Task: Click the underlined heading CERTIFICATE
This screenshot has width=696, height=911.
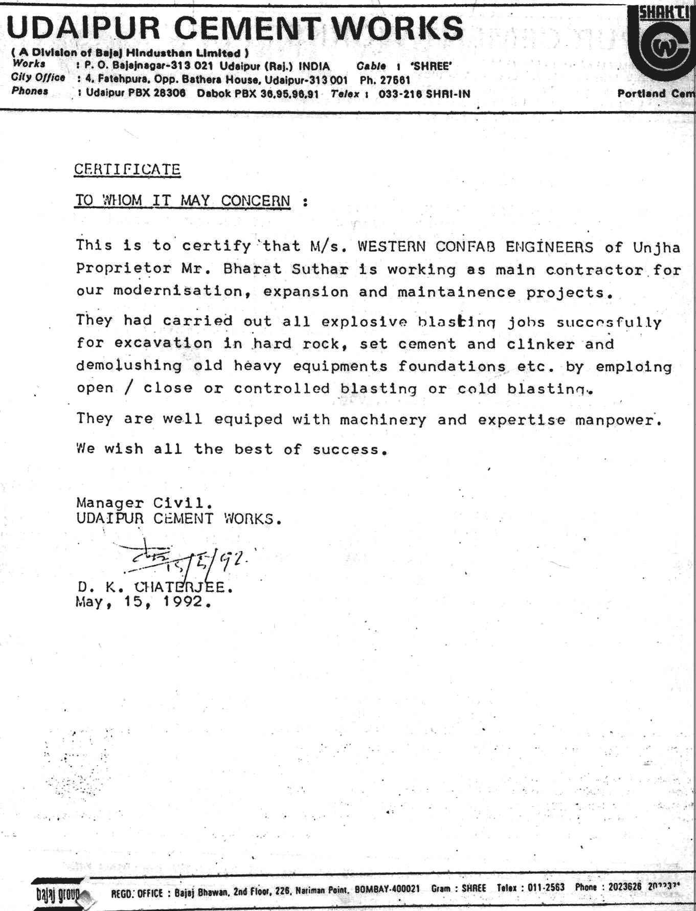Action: pyautogui.click(x=127, y=169)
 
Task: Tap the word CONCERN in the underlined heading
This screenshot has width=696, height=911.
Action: pyautogui.click(x=256, y=201)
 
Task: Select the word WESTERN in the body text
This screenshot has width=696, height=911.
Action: pyautogui.click(x=391, y=247)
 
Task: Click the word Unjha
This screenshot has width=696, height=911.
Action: pyautogui.click(x=656, y=248)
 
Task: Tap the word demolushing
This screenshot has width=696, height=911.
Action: pyautogui.click(x=129, y=366)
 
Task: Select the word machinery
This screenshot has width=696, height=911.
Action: pyautogui.click(x=383, y=420)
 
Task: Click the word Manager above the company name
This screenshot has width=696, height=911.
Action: pyautogui.click(x=110, y=503)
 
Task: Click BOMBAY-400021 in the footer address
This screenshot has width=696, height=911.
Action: pyautogui.click(x=387, y=888)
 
